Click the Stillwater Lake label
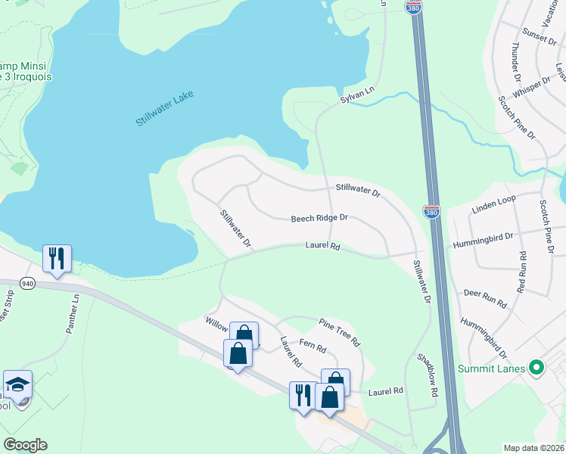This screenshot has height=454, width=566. (164, 107)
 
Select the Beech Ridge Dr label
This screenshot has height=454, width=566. (319, 219)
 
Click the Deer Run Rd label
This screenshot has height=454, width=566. (484, 297)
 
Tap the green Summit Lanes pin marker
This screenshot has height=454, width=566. (537, 369)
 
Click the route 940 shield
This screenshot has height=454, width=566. (28, 283)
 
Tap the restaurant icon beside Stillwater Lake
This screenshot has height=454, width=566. (57, 259)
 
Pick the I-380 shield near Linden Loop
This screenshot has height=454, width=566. (431, 213)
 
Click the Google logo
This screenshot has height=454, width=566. (25, 445)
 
